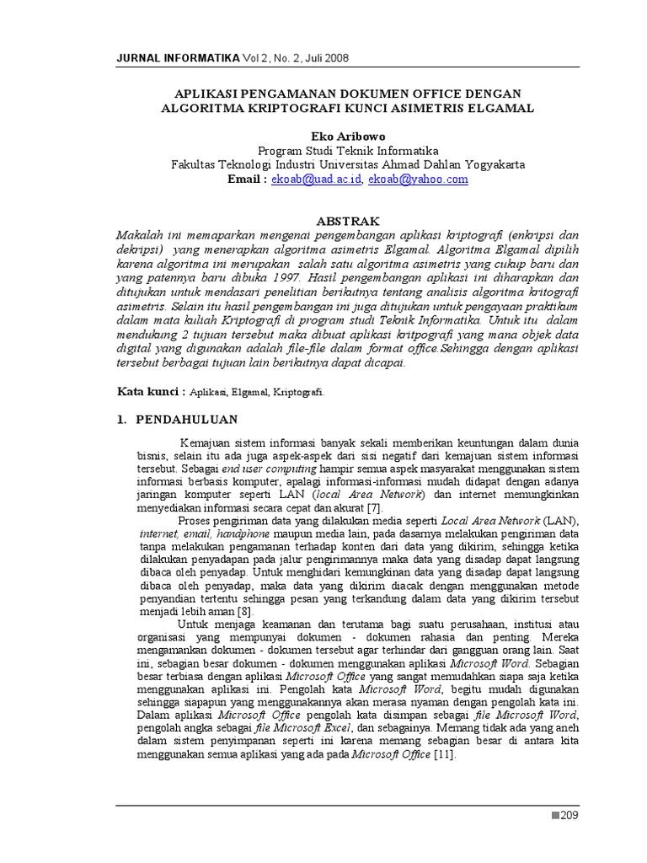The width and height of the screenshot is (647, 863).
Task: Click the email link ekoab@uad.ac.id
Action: click(317, 180)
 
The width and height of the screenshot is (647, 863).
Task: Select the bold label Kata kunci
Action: click(148, 391)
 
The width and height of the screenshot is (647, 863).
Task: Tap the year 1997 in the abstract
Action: click(281, 275)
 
